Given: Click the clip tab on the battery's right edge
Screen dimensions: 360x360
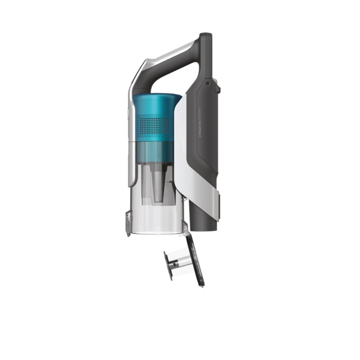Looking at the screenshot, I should pos(218,90).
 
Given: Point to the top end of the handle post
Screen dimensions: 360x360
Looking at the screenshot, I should pos(205,37).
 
